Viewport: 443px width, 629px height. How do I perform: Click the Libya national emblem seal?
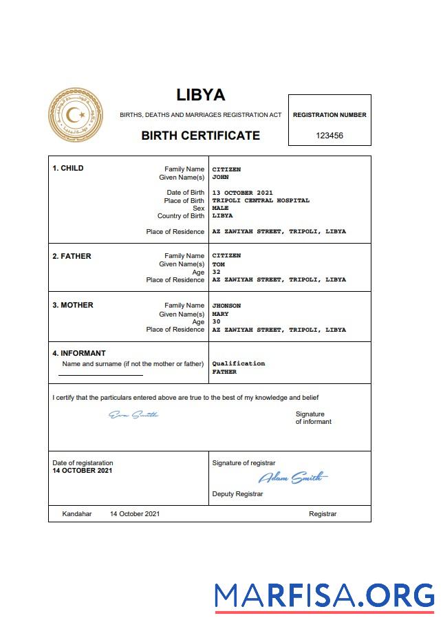click(76, 115)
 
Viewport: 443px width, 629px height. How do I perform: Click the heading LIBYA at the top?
click(200, 95)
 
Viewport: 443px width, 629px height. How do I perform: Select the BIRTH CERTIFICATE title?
click(200, 136)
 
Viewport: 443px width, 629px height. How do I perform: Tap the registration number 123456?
click(329, 136)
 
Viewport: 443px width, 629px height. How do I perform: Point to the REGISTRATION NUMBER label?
click(329, 115)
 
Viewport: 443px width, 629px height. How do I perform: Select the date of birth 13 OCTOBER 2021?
click(243, 193)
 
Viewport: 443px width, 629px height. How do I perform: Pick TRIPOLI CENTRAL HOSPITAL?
click(261, 201)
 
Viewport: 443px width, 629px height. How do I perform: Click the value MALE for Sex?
click(220, 208)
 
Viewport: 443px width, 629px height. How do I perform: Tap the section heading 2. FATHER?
click(72, 256)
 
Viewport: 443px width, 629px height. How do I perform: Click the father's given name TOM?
click(218, 264)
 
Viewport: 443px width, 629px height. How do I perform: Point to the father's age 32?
click(216, 272)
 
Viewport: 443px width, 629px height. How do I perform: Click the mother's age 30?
click(216, 321)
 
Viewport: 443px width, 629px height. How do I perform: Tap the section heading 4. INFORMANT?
click(79, 354)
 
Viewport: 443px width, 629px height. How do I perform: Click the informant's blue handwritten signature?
click(133, 414)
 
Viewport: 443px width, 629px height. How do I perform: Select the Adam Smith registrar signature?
click(292, 478)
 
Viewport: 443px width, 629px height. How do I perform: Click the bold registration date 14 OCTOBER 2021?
click(82, 471)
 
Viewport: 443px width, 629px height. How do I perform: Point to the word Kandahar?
click(76, 514)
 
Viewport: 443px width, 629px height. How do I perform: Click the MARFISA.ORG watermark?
click(324, 595)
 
